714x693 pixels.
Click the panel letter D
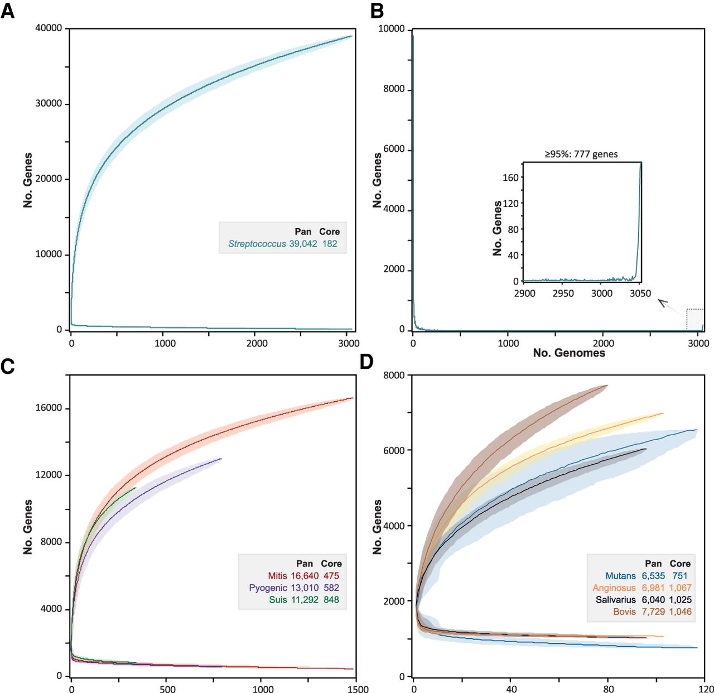pos(366,362)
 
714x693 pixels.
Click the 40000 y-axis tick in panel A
pos(49,28)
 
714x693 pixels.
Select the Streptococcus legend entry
pos(257,244)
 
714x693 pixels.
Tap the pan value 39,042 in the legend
pos(303,244)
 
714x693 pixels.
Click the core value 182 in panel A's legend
pos(330,244)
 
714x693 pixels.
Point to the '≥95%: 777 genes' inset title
pos(581,154)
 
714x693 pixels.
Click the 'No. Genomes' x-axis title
pos(569,353)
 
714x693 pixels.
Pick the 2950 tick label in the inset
pos(563,293)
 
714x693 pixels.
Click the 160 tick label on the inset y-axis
pos(511,177)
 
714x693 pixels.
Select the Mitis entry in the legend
pos(277,576)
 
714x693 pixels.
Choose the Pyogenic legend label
pos(268,588)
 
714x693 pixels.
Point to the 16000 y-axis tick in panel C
pos(49,408)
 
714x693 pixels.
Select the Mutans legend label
pos(620,576)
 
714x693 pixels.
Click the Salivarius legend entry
pos(615,600)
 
